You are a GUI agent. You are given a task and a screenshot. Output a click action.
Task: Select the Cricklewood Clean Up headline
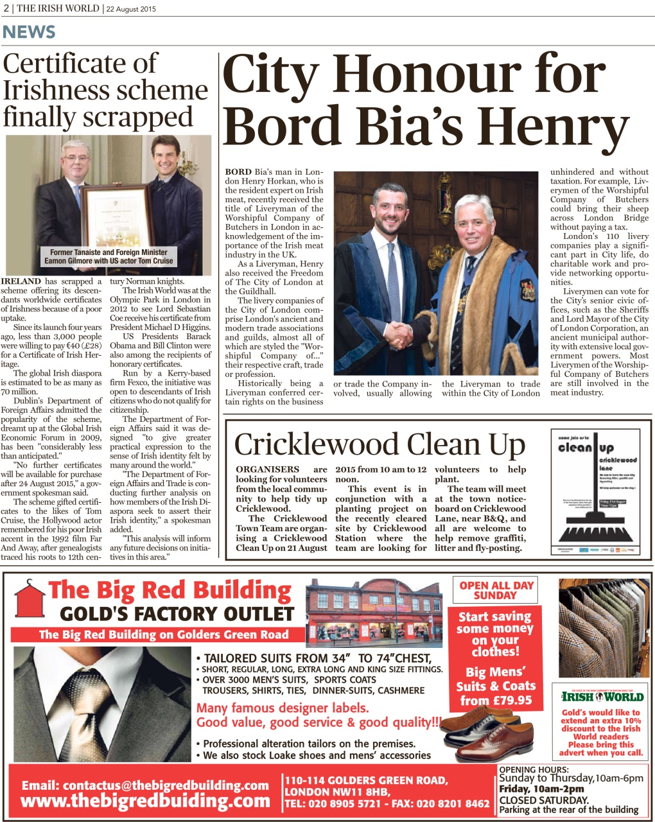point(380,444)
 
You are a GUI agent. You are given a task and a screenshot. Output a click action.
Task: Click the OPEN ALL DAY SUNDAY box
point(496,590)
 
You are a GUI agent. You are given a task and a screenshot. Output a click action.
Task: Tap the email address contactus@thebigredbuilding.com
point(145,785)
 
